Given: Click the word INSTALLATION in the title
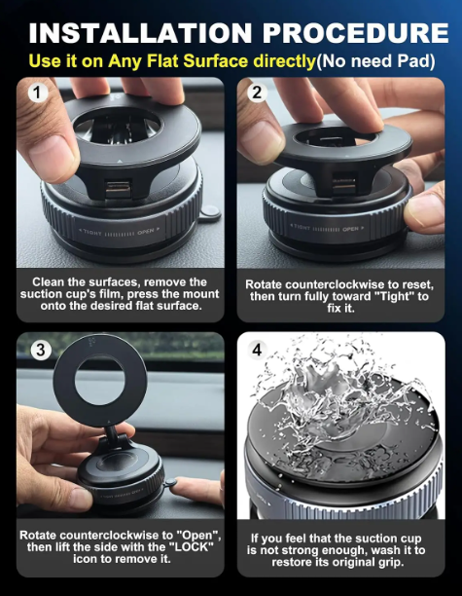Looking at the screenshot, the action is (x=140, y=33).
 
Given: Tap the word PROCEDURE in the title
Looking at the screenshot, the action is (x=356, y=33).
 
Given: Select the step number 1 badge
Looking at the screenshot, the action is (x=38, y=93).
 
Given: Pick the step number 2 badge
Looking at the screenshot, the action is (x=257, y=93).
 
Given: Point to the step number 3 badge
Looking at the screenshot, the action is (x=41, y=350).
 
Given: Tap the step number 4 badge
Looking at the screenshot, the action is (x=257, y=350).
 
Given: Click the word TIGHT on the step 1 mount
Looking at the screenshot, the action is (x=91, y=233).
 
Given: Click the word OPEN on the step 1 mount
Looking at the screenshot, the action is (x=146, y=231).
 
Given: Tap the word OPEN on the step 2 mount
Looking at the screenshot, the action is (x=350, y=229).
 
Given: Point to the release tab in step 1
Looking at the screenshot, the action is (x=210, y=213).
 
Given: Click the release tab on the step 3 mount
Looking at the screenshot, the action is (x=170, y=482).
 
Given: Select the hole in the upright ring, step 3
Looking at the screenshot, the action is (x=100, y=380).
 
